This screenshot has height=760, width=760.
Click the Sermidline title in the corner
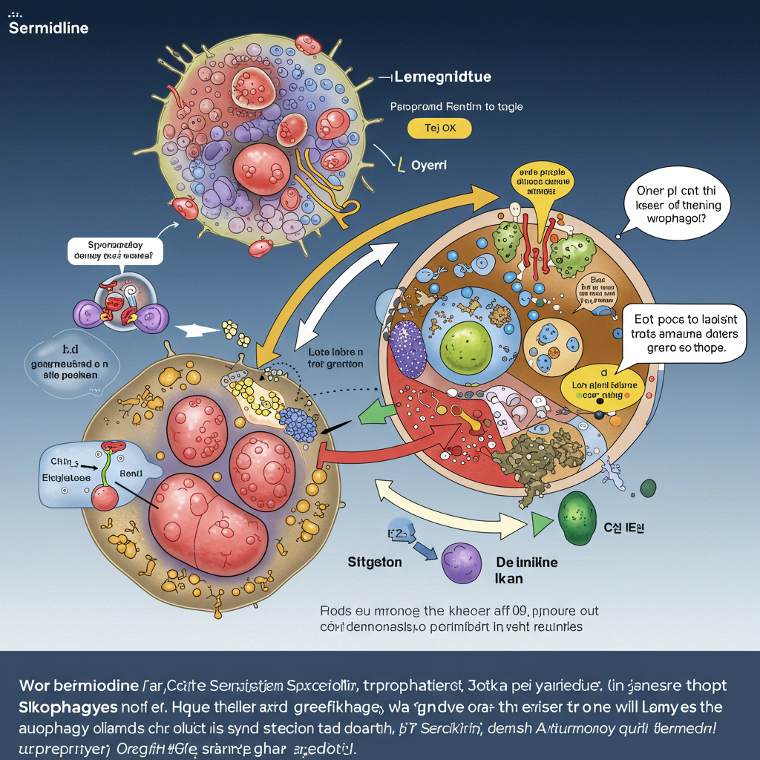48,29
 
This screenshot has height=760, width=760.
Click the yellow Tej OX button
439,128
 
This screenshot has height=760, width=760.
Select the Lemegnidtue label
442,77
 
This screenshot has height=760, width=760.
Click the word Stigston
375,562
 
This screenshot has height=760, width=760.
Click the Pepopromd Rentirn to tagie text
456,107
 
